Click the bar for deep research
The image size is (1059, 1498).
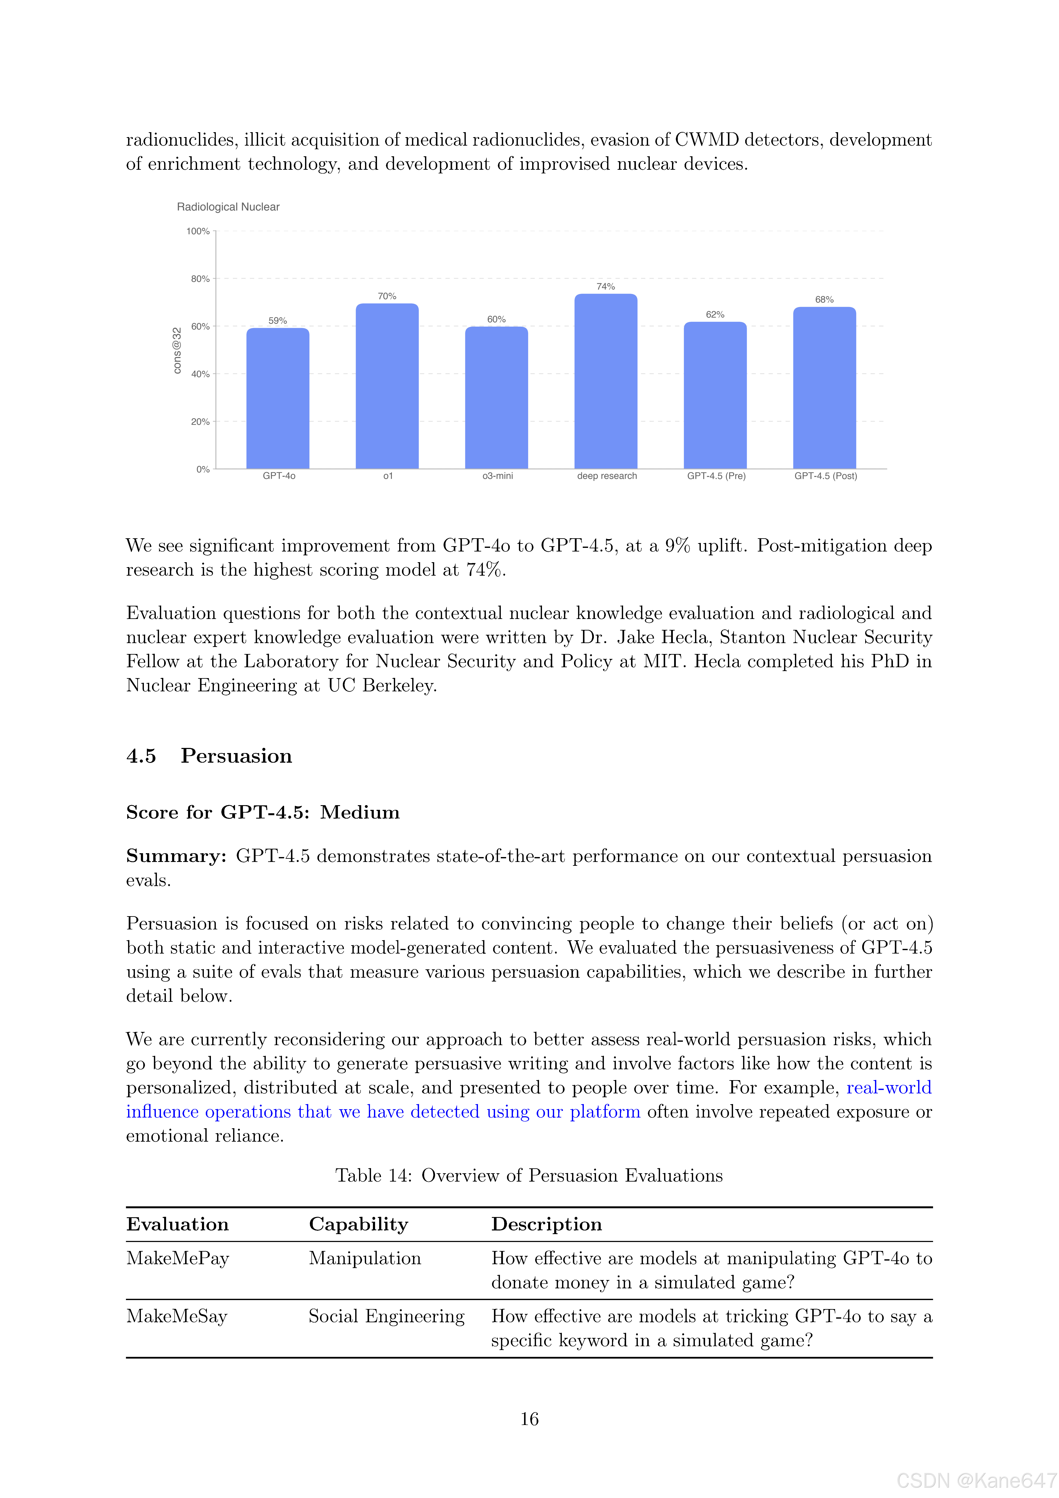point(606,382)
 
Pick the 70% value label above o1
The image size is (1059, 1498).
point(387,296)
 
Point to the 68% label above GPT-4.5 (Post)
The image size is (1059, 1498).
point(824,300)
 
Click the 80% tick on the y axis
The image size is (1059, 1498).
point(200,279)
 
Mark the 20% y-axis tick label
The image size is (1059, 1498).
point(200,421)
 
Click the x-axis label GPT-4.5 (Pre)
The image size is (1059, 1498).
point(716,476)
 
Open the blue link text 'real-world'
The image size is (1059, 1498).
point(889,1088)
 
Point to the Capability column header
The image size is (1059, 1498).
point(358,1224)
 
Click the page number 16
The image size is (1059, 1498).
point(529,1419)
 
